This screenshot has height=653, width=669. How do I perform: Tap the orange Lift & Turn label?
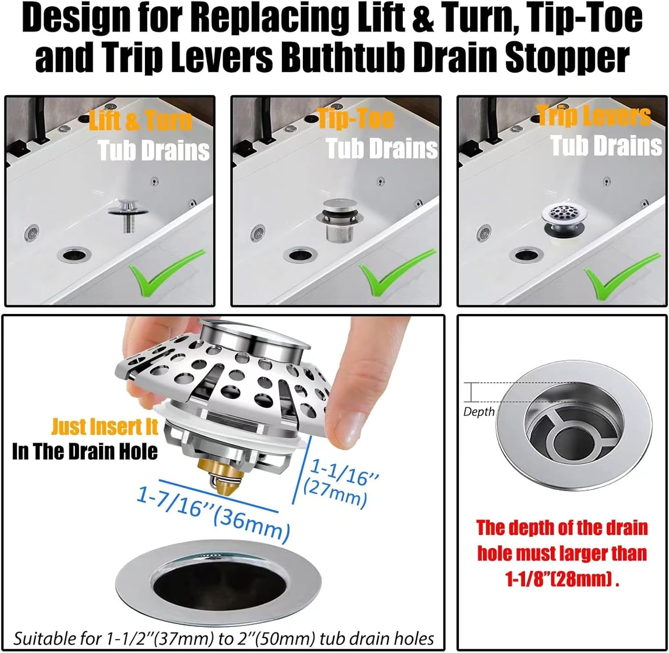(140, 121)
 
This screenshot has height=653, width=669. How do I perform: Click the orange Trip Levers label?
(594, 115)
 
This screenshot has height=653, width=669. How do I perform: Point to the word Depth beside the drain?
(479, 412)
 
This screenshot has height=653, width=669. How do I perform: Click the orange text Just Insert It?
(105, 427)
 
